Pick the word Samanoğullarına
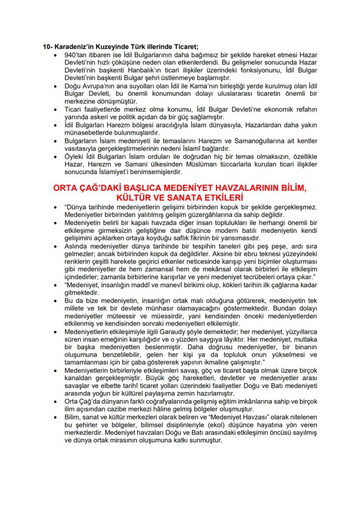(270, 141)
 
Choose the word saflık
(181, 238)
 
